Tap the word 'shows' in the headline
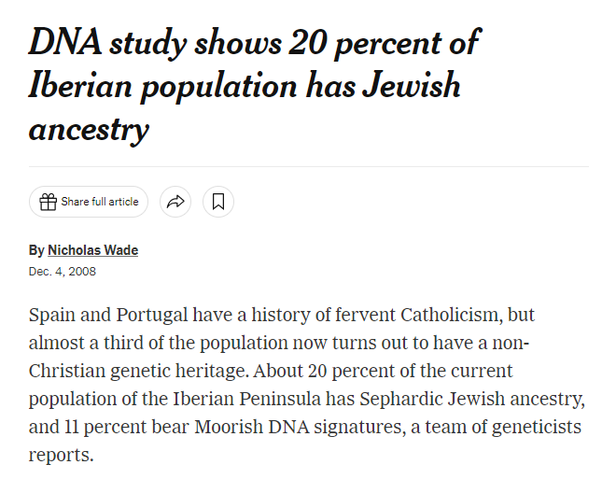tap(237, 43)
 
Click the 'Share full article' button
tap(89, 202)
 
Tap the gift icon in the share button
tap(47, 202)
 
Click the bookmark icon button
tap(218, 202)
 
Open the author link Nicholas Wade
tap(92, 250)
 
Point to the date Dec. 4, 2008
tap(63, 272)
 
